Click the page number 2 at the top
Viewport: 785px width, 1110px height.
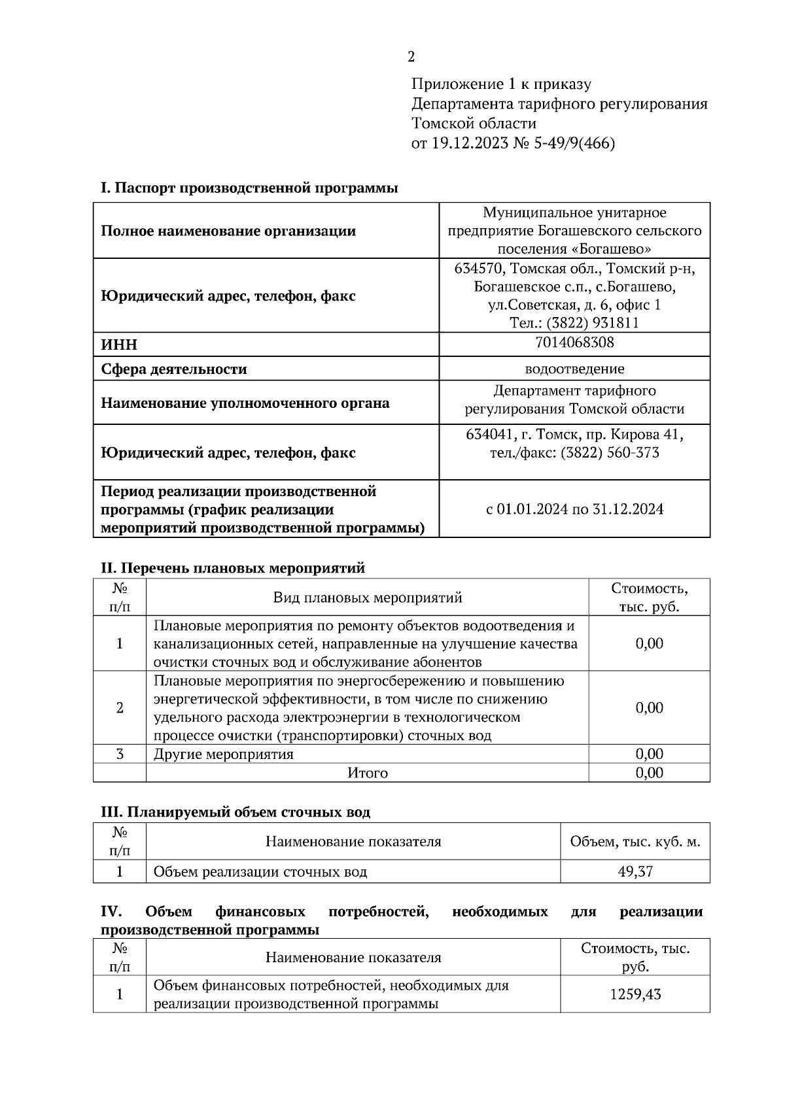click(411, 57)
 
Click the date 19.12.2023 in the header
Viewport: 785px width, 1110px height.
click(469, 143)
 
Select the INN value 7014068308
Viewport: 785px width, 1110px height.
click(574, 342)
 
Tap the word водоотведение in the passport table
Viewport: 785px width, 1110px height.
click(574, 369)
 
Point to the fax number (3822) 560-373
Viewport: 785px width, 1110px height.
click(610, 452)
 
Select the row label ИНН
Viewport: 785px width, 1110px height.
click(119, 345)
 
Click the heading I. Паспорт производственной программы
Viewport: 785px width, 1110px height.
click(249, 188)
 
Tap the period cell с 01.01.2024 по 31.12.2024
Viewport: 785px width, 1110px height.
click(574, 509)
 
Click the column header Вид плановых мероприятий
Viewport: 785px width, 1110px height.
click(367, 597)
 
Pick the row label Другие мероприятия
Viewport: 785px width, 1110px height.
click(223, 754)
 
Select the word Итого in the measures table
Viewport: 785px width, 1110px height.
click(367, 773)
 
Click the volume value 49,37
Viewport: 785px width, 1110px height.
click(635, 871)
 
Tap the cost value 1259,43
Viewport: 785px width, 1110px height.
click(635, 994)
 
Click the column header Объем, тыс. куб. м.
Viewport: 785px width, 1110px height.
click(635, 841)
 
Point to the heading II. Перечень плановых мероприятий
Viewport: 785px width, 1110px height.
click(232, 567)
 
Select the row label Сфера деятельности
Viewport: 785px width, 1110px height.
click(173, 369)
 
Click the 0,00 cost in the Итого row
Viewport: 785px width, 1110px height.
click(649, 773)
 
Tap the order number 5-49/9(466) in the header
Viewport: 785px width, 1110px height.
click(574, 143)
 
